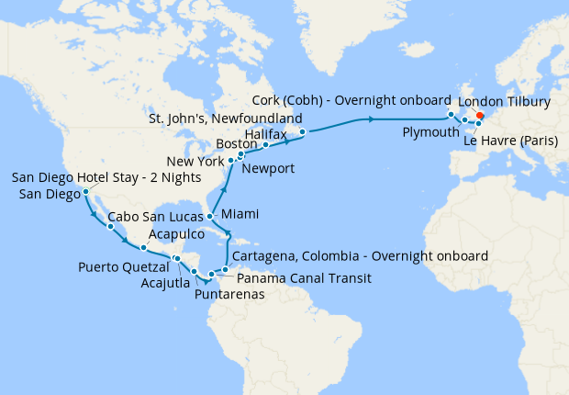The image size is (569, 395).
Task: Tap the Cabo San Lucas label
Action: pyautogui.click(x=150, y=219)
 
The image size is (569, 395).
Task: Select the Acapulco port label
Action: pyautogui.click(x=176, y=235)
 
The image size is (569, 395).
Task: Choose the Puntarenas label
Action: pyautogui.click(x=229, y=295)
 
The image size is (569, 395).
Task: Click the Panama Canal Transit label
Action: pyautogui.click(x=304, y=277)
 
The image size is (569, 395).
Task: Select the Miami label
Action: pyautogui.click(x=240, y=213)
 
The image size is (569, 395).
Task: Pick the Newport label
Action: pyautogui.click(x=269, y=168)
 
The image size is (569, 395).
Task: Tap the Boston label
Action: pyautogui.click(x=238, y=145)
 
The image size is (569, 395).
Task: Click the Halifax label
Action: pyautogui.click(x=268, y=133)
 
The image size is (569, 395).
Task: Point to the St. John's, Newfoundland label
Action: pyautogui.click(x=226, y=119)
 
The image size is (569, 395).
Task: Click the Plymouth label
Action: pyautogui.click(x=430, y=132)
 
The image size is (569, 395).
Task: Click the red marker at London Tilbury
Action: pyautogui.click(x=479, y=116)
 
